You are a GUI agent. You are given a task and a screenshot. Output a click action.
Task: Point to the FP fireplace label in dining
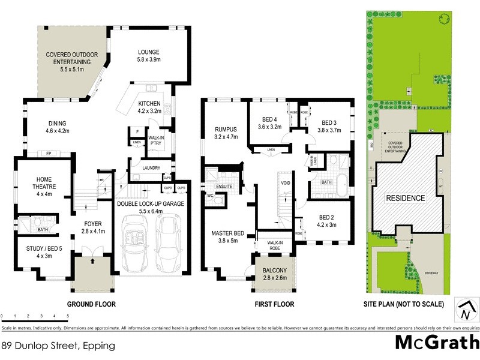tap(49, 154)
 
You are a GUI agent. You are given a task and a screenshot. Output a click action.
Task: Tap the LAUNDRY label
tap(151, 168)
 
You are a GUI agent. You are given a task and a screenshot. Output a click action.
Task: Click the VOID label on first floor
tap(285, 182)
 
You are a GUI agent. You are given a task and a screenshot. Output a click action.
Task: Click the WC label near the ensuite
tap(211, 196)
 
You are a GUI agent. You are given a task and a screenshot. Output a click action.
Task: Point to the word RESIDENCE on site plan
tap(406, 198)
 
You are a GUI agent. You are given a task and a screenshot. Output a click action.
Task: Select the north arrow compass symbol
tap(464, 310)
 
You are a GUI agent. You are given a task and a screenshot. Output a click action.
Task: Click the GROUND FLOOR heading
tap(91, 304)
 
